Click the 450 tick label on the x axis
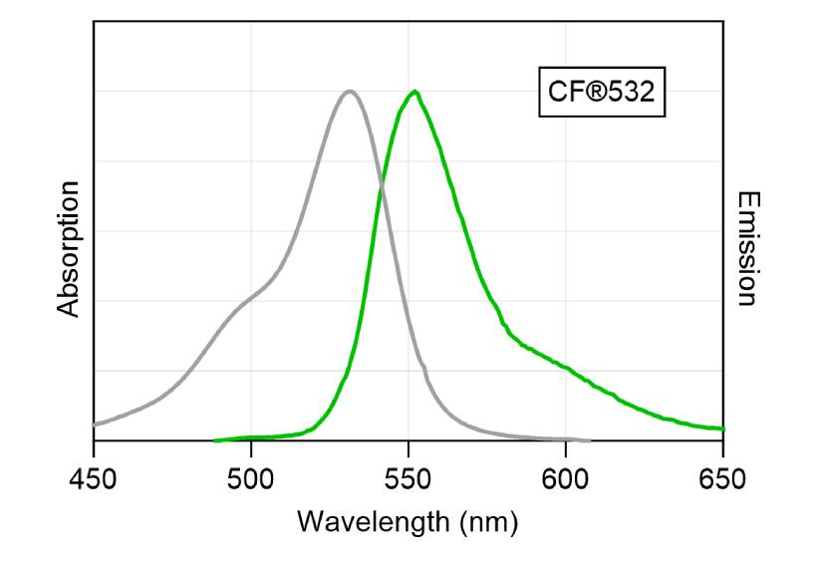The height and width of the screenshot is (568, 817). point(93,479)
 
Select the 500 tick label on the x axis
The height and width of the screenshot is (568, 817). point(251,479)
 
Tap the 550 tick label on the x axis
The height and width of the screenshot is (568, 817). point(408,479)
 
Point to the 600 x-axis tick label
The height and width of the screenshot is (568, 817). point(566,479)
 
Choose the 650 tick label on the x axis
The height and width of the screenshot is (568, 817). point(723,479)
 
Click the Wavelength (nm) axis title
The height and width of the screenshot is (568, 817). point(408,521)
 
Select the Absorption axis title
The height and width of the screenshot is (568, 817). point(68,249)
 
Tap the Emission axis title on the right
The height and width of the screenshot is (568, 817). point(747,249)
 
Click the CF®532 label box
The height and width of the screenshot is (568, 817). point(602,94)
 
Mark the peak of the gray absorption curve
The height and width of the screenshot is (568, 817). point(349,91)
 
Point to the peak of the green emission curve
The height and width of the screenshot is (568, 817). point(414,91)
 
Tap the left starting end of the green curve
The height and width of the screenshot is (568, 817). point(214,439)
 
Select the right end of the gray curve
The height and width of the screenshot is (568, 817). point(590,439)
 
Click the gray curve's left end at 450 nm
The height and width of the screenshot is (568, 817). point(95,425)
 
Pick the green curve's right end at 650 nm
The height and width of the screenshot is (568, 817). point(722,428)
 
